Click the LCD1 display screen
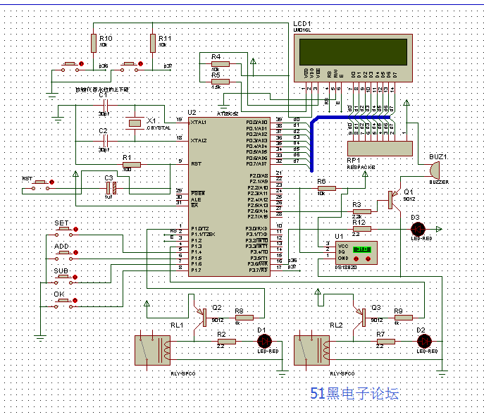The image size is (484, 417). (353, 51)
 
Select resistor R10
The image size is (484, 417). (93, 43)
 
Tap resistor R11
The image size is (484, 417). (152, 43)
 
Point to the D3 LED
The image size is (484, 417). (418, 229)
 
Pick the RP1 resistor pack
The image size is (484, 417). (380, 149)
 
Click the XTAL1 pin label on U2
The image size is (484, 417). (199, 122)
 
